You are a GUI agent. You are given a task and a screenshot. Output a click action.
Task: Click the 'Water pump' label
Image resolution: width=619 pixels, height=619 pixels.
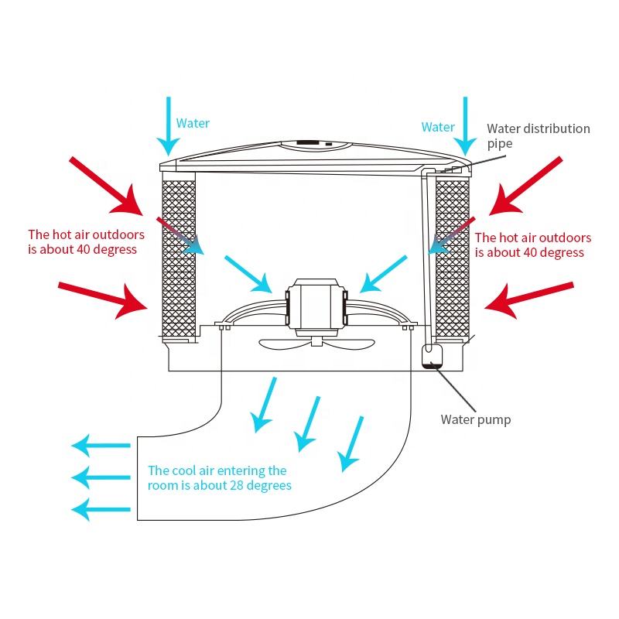tap(475, 420)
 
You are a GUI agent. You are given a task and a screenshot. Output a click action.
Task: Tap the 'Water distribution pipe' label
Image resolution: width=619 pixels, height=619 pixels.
tap(538, 135)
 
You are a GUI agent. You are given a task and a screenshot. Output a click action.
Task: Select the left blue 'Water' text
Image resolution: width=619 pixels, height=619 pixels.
tap(193, 123)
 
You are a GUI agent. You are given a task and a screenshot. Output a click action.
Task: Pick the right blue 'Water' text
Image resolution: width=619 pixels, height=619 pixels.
tap(438, 127)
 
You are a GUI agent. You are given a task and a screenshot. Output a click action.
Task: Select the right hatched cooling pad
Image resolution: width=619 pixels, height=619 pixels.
tap(453, 259)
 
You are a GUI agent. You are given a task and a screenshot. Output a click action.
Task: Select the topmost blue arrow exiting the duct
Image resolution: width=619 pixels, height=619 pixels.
tap(101, 446)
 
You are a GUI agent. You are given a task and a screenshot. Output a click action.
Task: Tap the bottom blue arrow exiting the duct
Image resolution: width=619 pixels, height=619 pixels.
tap(101, 508)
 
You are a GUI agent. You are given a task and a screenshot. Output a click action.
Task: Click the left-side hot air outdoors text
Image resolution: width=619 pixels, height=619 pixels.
tap(83, 241)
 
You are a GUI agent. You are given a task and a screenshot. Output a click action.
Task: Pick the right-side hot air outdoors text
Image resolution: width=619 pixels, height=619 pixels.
tap(532, 245)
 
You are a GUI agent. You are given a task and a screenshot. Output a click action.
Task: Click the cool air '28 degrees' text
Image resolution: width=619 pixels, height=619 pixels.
tap(219, 478)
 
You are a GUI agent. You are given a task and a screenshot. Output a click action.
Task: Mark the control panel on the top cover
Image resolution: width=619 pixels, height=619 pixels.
tap(308, 144)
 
